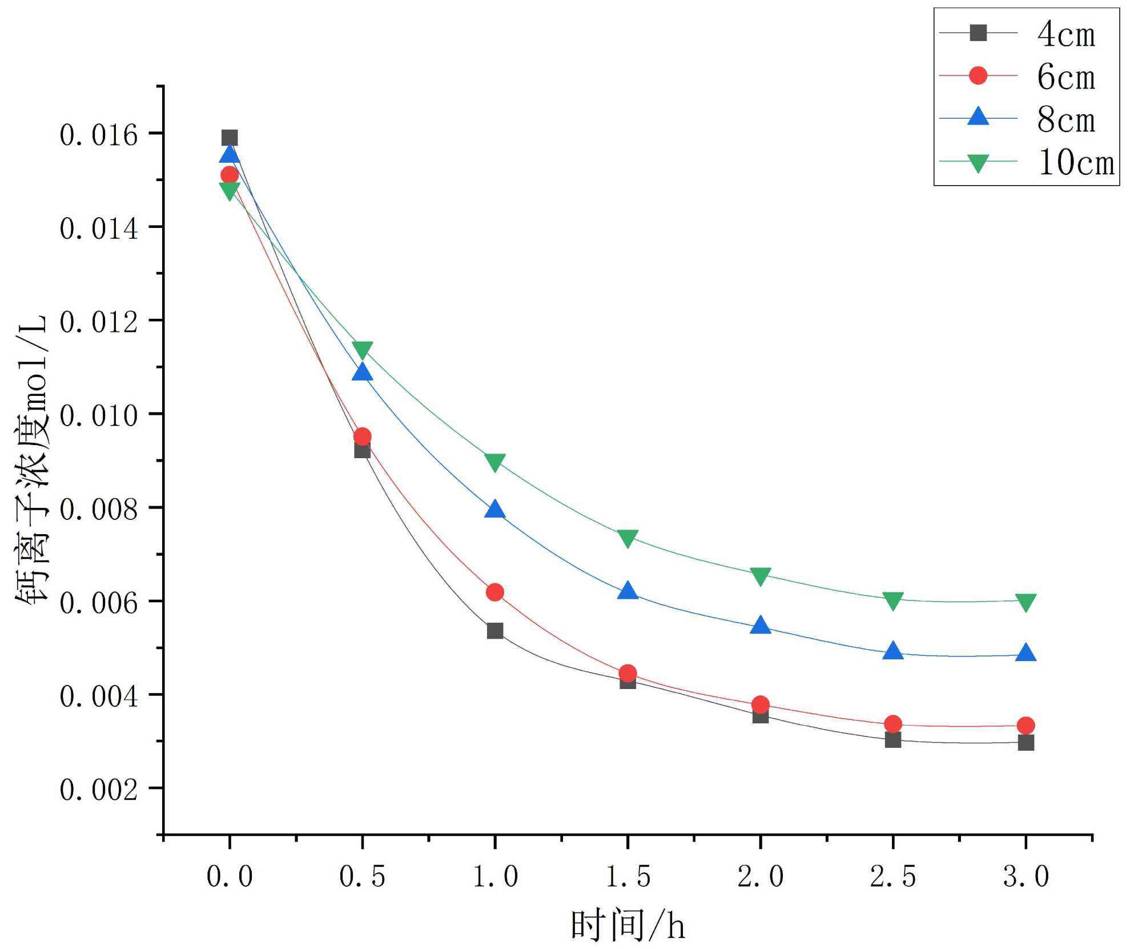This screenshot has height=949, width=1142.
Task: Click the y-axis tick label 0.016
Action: tap(99, 135)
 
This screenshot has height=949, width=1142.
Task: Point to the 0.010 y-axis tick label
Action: tap(99, 415)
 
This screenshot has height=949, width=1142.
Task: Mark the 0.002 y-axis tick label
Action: tap(99, 790)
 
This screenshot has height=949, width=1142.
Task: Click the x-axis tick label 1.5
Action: tap(628, 876)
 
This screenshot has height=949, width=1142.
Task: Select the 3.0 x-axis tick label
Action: tap(1026, 876)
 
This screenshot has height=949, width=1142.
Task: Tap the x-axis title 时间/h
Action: tap(628, 926)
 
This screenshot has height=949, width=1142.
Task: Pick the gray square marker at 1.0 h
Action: tap(495, 631)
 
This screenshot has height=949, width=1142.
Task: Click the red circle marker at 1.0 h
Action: tap(495, 592)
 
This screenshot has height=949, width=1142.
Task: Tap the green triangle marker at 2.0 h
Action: tap(761, 576)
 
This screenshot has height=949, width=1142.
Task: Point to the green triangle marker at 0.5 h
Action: tap(362, 350)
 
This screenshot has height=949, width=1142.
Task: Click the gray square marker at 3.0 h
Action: tap(1026, 743)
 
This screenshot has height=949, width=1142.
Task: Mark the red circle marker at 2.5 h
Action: tap(893, 724)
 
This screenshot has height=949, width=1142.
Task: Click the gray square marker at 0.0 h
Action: tap(230, 138)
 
